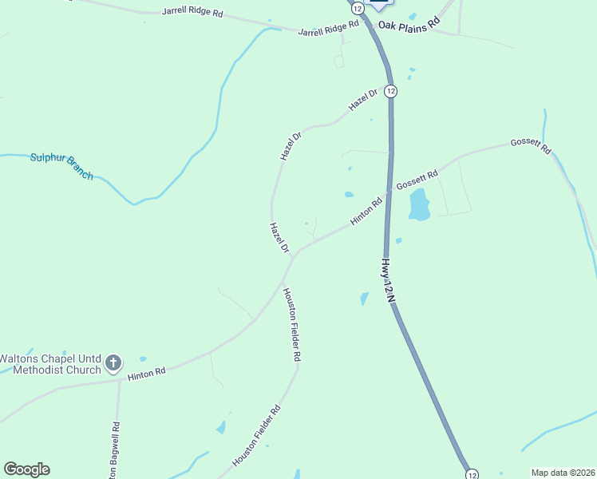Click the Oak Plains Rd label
(x=409, y=25)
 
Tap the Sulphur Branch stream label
(x=61, y=166)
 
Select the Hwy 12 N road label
(x=389, y=280)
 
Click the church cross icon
(x=113, y=364)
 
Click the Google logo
(x=26, y=469)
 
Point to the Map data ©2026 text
(x=563, y=473)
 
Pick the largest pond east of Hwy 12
(x=419, y=205)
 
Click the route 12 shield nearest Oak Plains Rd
(x=357, y=7)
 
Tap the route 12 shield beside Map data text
(x=472, y=473)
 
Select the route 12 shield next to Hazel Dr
(x=389, y=91)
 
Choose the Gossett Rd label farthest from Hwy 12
(x=532, y=145)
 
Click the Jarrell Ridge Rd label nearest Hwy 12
(x=329, y=30)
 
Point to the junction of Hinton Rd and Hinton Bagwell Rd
(x=120, y=379)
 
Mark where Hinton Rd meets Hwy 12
(x=389, y=193)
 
